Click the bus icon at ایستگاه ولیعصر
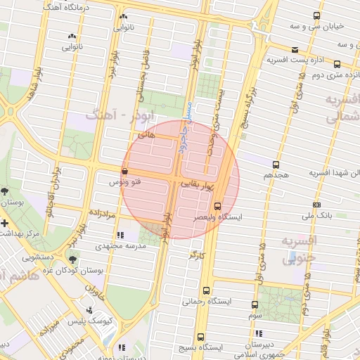217,207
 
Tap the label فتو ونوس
123,181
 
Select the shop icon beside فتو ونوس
124,171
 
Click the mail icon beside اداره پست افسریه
295,49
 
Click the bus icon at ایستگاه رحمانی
207,290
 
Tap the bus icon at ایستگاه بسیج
201,337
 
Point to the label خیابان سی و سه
319,26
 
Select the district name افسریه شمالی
337,109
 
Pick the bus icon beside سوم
255,305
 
